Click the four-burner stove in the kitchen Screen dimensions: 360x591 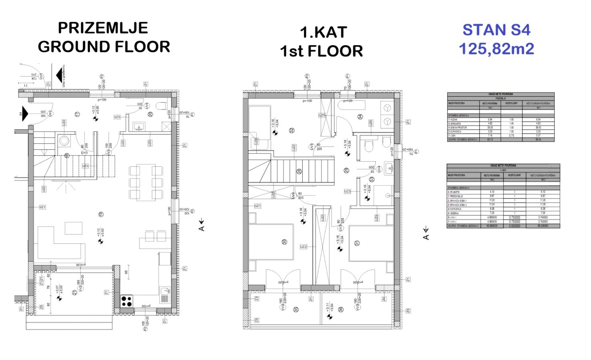coord(127,301)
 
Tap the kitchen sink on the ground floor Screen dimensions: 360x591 coord(165,295)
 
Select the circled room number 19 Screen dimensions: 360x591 coord(101,214)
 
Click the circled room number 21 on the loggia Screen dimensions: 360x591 coord(74,293)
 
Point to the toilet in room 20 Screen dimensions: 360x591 coord(161,106)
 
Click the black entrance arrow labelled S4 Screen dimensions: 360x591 coord(25,114)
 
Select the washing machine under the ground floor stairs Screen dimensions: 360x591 coord(64,140)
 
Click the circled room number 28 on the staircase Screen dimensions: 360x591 coord(299,172)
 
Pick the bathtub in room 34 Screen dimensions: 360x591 coord(351,105)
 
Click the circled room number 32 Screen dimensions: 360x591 coord(292,130)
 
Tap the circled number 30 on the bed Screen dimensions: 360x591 coord(284,242)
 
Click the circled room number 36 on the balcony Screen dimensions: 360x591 coord(341,309)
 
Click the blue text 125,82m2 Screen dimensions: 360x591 coord(496,49)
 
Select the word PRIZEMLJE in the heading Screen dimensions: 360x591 coord(103,28)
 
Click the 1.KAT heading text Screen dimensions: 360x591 coord(323,32)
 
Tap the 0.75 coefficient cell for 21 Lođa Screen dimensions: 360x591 coord(512,135)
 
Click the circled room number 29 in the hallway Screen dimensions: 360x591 coord(346,170)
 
